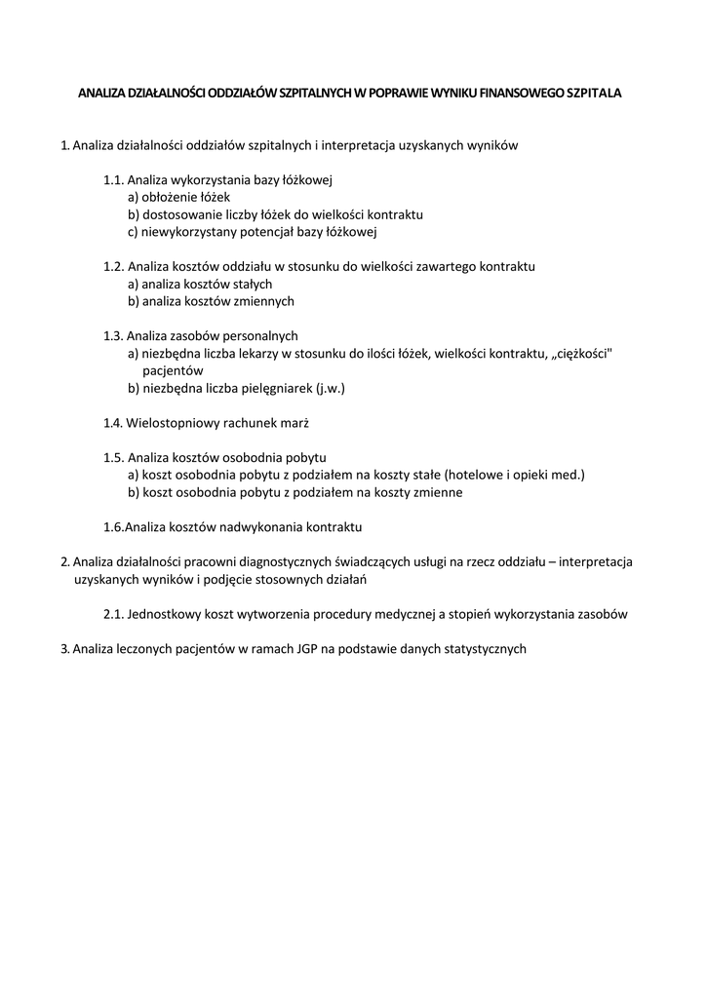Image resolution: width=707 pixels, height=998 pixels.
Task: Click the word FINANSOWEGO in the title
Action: [x=520, y=95]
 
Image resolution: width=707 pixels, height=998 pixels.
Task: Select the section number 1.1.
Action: [x=113, y=180]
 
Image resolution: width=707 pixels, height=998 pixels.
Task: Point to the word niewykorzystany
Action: [x=186, y=232]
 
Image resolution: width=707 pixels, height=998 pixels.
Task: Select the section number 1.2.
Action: [x=113, y=266]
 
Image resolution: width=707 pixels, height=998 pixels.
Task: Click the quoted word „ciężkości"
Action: [x=581, y=354]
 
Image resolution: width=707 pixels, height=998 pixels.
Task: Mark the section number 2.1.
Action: [x=113, y=614]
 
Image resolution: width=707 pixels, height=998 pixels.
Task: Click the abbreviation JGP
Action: [x=299, y=649]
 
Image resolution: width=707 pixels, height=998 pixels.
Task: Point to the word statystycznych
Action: [x=480, y=649]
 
